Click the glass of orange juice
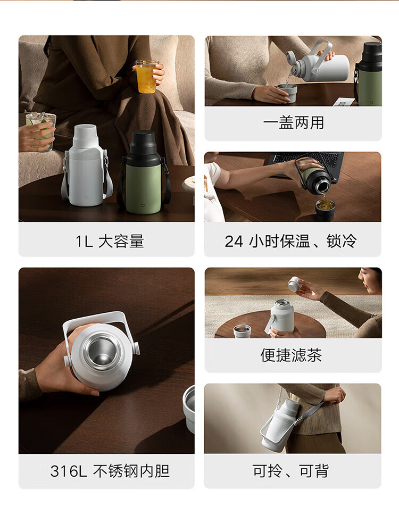pyautogui.click(x=146, y=77)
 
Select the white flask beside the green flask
pyautogui.click(x=86, y=165)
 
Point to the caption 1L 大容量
pyautogui.click(x=110, y=242)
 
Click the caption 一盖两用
pyautogui.click(x=293, y=123)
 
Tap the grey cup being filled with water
pyautogui.click(x=287, y=93)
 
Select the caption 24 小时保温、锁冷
pyautogui.click(x=290, y=241)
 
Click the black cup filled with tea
pyautogui.click(x=326, y=210)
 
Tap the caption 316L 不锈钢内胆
pyautogui.click(x=110, y=471)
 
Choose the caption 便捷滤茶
pyautogui.click(x=291, y=355)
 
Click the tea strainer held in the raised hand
pyautogui.click(x=295, y=284)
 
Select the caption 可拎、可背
pyautogui.click(x=290, y=471)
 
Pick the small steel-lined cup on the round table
pyautogui.click(x=243, y=331)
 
